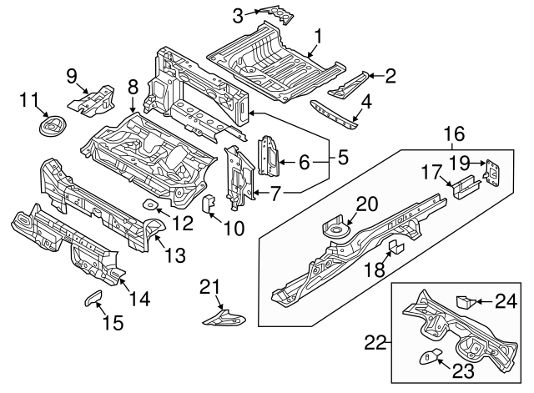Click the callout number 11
pyautogui.click(x=29, y=101)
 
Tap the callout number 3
pyautogui.click(x=238, y=14)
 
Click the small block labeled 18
pyautogui.click(x=393, y=245)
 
